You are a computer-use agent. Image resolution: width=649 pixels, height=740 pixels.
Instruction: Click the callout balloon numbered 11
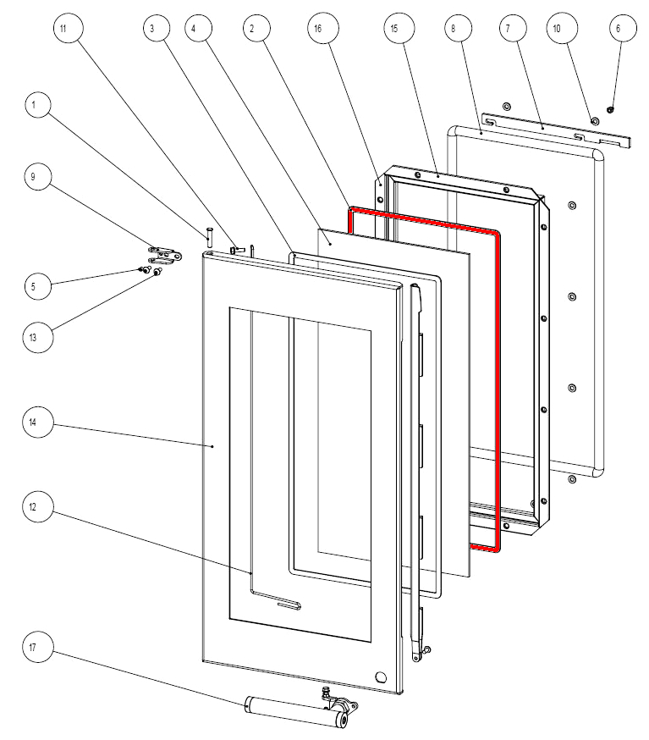click(x=65, y=28)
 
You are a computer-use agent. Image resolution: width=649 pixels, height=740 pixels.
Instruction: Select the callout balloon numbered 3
click(x=152, y=28)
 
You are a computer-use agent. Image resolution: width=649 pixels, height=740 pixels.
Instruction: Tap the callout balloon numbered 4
click(x=195, y=28)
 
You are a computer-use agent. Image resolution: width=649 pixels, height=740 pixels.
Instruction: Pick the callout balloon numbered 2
click(x=251, y=28)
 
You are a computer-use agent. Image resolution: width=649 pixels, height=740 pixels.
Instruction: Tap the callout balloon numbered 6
click(x=618, y=28)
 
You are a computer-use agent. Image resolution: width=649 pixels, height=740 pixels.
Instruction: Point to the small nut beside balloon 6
click(x=610, y=110)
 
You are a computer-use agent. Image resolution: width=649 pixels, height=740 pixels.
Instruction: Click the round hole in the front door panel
click(x=380, y=677)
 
